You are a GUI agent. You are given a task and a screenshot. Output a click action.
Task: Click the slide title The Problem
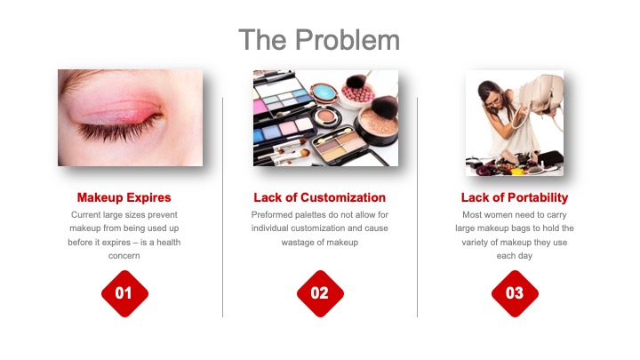pyautogui.click(x=319, y=40)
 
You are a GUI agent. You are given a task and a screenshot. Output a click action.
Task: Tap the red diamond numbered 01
pyautogui.click(x=125, y=293)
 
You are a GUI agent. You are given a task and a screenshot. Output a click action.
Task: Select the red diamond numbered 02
pyautogui.click(x=320, y=293)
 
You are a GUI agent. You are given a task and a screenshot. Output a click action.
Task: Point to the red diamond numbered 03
pyautogui.click(x=515, y=293)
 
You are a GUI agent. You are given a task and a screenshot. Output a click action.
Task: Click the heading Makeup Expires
pyautogui.click(x=124, y=197)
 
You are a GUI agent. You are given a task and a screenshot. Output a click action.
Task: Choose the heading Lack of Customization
pyautogui.click(x=320, y=197)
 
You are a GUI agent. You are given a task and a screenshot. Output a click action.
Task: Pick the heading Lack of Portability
pyautogui.click(x=515, y=197)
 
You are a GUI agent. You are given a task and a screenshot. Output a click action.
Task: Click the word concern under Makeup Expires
pyautogui.click(x=124, y=256)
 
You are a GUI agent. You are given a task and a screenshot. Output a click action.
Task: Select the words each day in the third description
pyautogui.click(x=515, y=256)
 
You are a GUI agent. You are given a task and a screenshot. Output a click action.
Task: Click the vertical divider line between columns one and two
pyautogui.click(x=223, y=207)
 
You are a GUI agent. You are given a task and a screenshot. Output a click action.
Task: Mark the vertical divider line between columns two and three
pyautogui.click(x=417, y=207)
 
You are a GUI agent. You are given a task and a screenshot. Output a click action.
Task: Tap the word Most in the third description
pyautogui.click(x=472, y=215)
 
